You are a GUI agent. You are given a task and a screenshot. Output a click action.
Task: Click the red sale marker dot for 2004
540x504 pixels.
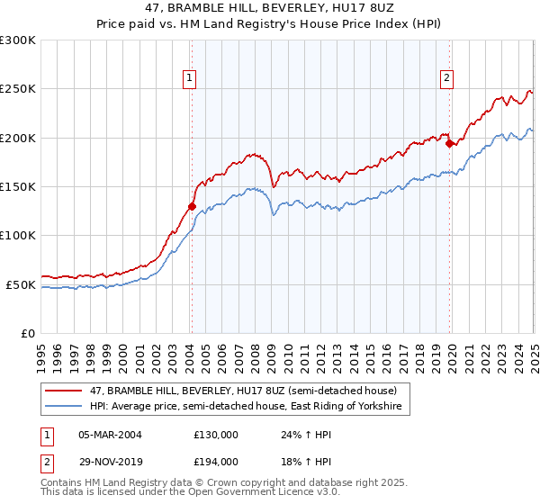(192, 206)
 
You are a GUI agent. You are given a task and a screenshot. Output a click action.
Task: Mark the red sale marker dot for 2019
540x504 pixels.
(449, 143)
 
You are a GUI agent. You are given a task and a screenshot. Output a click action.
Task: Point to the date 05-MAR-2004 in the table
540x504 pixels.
(110, 434)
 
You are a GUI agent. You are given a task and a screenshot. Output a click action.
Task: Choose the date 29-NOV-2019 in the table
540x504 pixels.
(110, 461)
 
